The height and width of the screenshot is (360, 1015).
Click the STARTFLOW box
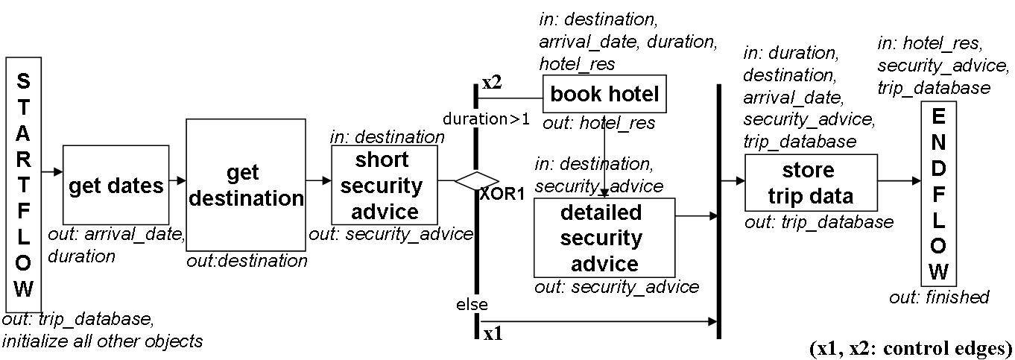(23, 184)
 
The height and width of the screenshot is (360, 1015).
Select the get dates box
(116, 185)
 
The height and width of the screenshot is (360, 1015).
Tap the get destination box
(245, 185)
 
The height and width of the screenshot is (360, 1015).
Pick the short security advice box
(385, 185)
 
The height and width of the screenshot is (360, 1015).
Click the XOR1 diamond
(477, 180)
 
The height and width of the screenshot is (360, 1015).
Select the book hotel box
(604, 95)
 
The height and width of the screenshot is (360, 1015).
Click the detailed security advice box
(604, 238)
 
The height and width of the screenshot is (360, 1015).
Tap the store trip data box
(811, 183)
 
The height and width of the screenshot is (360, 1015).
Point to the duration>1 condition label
(486, 119)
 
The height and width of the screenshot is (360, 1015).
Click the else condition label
(472, 304)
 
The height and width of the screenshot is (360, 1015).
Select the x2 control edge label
(492, 83)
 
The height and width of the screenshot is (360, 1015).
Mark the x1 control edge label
(493, 334)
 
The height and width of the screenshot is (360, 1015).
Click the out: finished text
(938, 297)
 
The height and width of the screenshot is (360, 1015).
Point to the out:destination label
(247, 261)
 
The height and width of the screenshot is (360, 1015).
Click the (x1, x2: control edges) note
(910, 347)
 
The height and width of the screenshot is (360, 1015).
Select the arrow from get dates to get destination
(177, 180)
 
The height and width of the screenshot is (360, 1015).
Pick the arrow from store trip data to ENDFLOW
(899, 180)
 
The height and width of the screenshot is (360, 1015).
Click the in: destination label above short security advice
(387, 137)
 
